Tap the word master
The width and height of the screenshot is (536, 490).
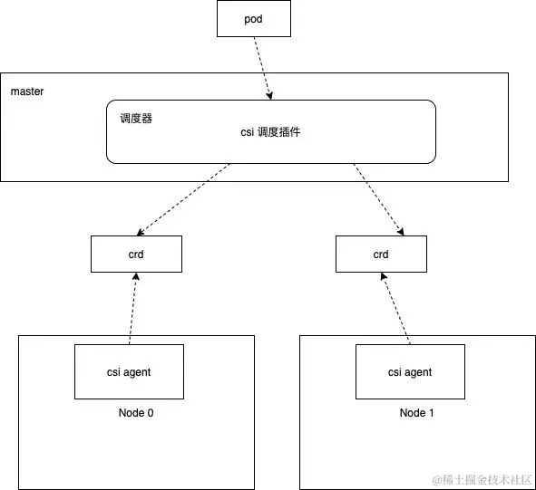(27, 92)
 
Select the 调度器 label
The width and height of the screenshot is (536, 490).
(136, 118)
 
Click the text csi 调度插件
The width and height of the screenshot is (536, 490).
(270, 131)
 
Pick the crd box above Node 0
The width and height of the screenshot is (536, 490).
(136, 255)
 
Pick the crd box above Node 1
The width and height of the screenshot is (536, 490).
(381, 255)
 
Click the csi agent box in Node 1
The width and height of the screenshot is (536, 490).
(410, 372)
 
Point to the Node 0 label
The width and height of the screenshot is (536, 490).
(136, 413)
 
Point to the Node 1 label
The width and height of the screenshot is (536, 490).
(417, 413)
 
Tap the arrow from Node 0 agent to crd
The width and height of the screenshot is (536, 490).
(132, 309)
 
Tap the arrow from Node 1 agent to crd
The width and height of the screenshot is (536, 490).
(395, 309)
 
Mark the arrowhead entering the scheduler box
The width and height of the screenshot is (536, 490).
(268, 95)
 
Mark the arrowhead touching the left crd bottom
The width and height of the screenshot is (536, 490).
(135, 276)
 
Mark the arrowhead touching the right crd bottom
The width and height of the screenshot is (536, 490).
(383, 276)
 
